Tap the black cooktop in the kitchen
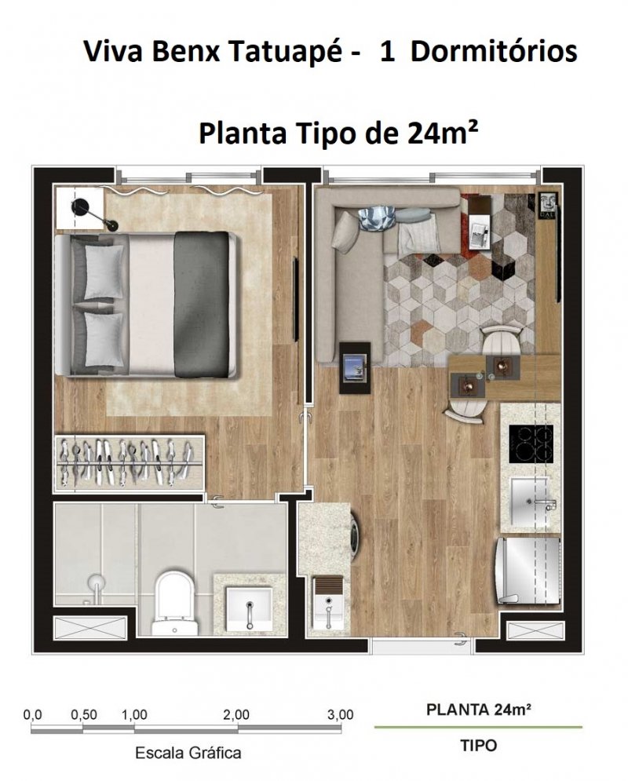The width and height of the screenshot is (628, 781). pos(531,443)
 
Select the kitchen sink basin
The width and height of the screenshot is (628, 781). pos(529,502)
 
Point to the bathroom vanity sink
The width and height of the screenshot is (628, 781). pos(249,608)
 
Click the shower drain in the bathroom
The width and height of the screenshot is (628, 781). pos(96,581)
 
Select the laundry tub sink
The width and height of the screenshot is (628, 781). pos(328,603)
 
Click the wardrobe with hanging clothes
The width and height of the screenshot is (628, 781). pos(129,463)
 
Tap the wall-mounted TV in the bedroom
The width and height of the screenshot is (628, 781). pos(296,299)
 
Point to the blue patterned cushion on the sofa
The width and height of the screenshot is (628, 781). pos(376,219)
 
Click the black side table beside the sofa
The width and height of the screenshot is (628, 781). pos(355,367)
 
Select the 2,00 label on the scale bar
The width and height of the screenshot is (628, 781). pos(236,715)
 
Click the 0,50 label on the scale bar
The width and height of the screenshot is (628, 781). pos(84,715)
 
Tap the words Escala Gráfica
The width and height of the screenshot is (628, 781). pos(188,753)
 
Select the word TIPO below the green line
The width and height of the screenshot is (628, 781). pos(479,746)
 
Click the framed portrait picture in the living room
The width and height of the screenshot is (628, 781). pos(549,204)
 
